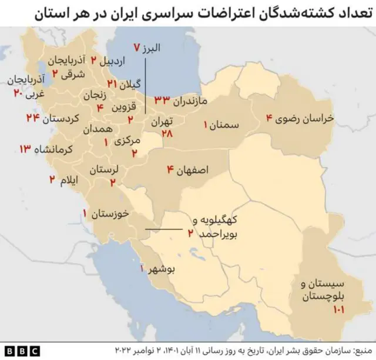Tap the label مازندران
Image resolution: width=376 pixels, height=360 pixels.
click(191, 101)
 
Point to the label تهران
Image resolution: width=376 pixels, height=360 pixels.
click(163, 122)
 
